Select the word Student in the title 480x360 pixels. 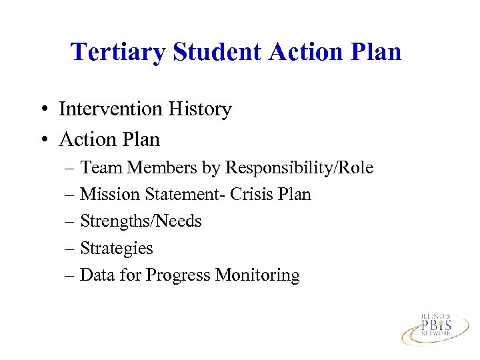200,51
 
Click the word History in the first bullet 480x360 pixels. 199,109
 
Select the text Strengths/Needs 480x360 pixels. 141,221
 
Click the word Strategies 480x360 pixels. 116,249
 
